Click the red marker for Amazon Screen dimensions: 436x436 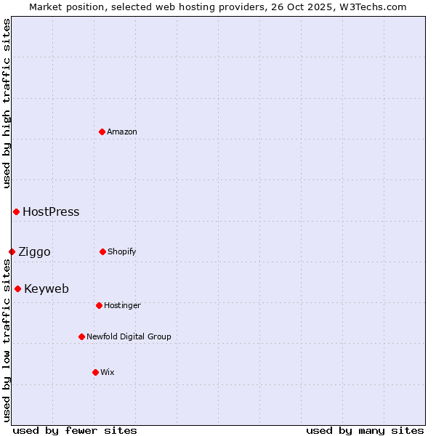point(102,132)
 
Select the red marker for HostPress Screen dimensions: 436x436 point(16,211)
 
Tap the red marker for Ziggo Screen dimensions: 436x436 point(12,251)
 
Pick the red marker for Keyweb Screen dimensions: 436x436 point(17,288)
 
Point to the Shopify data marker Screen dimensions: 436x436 point(102,251)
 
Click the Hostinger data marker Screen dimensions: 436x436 point(99,305)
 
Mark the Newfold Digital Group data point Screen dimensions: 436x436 point(81,336)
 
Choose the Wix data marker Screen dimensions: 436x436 point(95,372)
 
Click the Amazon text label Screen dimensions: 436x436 point(122,132)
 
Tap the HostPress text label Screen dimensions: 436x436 point(51,212)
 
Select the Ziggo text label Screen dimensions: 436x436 point(34,252)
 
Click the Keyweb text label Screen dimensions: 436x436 point(47,289)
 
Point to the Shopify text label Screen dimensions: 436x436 point(122,251)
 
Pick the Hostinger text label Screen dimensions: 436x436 point(122,305)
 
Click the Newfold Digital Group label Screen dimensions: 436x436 point(129,336)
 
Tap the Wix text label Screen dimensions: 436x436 point(108,372)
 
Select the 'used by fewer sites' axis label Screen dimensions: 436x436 point(75,430)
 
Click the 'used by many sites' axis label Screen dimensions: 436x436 point(365,430)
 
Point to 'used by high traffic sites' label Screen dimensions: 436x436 point(7,103)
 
